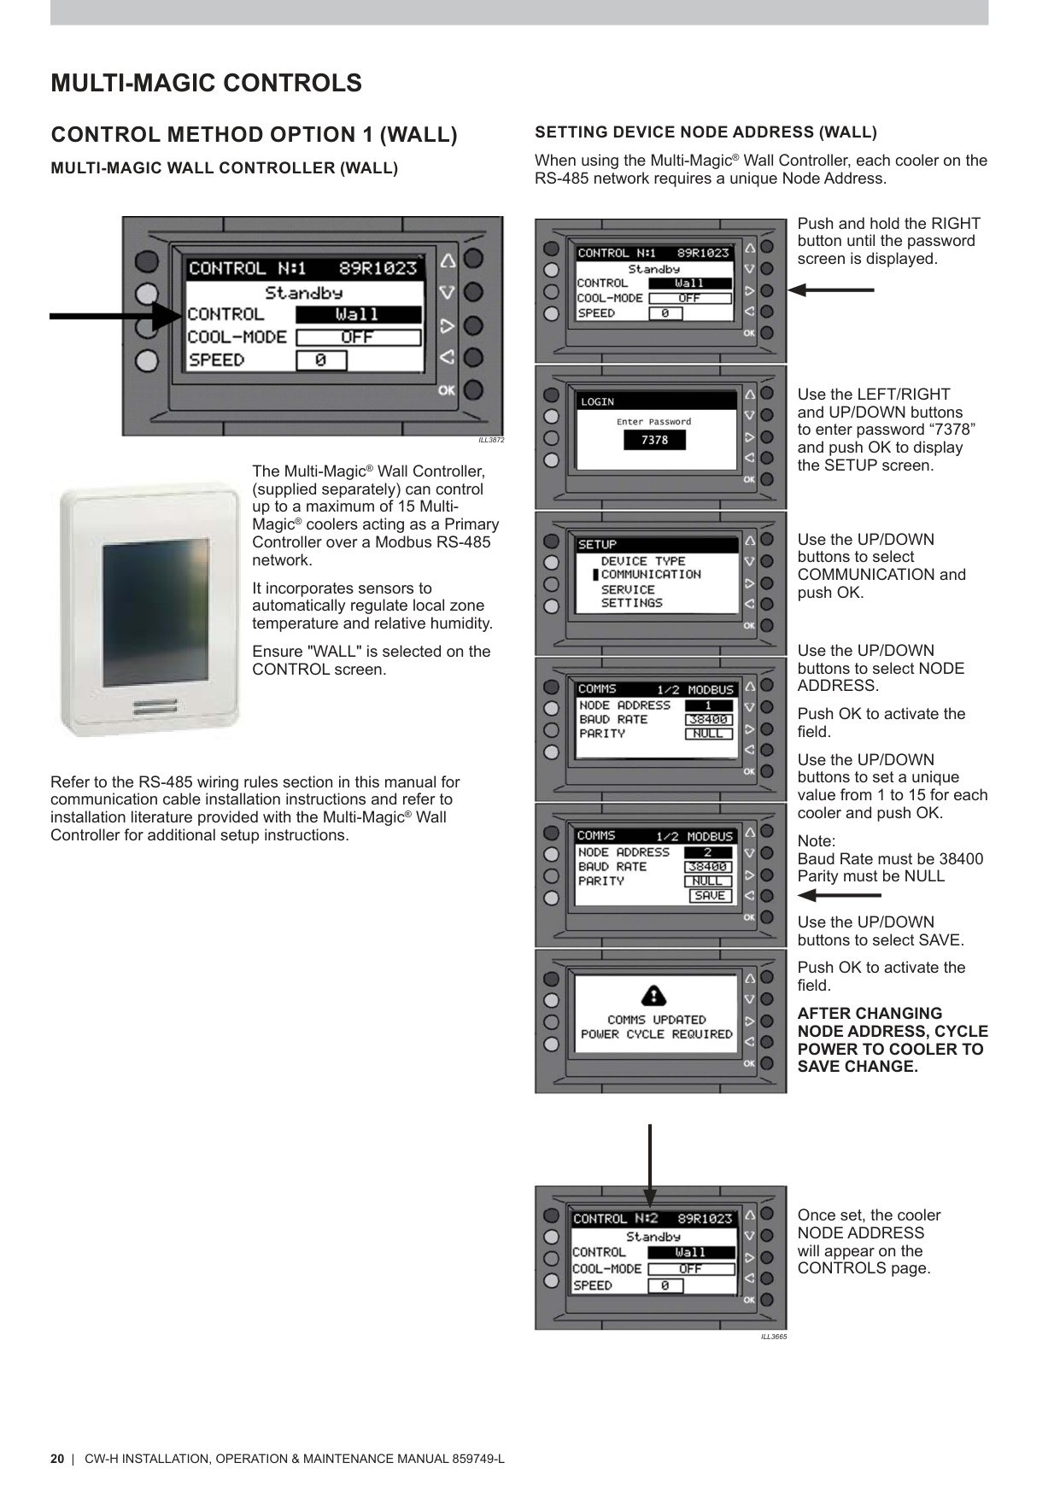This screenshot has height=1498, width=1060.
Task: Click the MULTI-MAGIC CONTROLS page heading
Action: tap(206, 83)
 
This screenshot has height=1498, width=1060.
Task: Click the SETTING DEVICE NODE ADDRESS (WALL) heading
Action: tap(706, 132)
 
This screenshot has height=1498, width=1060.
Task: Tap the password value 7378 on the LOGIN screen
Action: tap(654, 440)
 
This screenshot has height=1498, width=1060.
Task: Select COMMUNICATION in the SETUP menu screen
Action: tap(651, 575)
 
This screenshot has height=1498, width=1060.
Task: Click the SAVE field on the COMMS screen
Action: tap(710, 896)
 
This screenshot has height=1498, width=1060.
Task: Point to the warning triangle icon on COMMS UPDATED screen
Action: tap(653, 996)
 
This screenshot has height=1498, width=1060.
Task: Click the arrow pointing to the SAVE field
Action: tap(838, 896)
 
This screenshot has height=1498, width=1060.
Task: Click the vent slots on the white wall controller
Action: tap(155, 706)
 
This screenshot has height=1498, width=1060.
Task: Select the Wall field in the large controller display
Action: tap(358, 314)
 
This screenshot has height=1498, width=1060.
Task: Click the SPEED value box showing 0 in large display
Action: tap(321, 360)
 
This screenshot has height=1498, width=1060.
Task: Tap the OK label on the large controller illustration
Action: tap(446, 390)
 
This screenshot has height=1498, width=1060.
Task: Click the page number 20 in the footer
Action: tap(57, 1459)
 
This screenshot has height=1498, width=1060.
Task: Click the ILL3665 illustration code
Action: tap(774, 1337)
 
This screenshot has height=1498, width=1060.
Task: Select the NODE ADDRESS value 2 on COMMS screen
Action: tap(708, 852)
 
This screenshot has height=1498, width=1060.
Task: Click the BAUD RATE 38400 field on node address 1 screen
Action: tap(708, 720)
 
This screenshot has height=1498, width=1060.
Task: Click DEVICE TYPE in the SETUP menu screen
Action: tap(642, 561)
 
